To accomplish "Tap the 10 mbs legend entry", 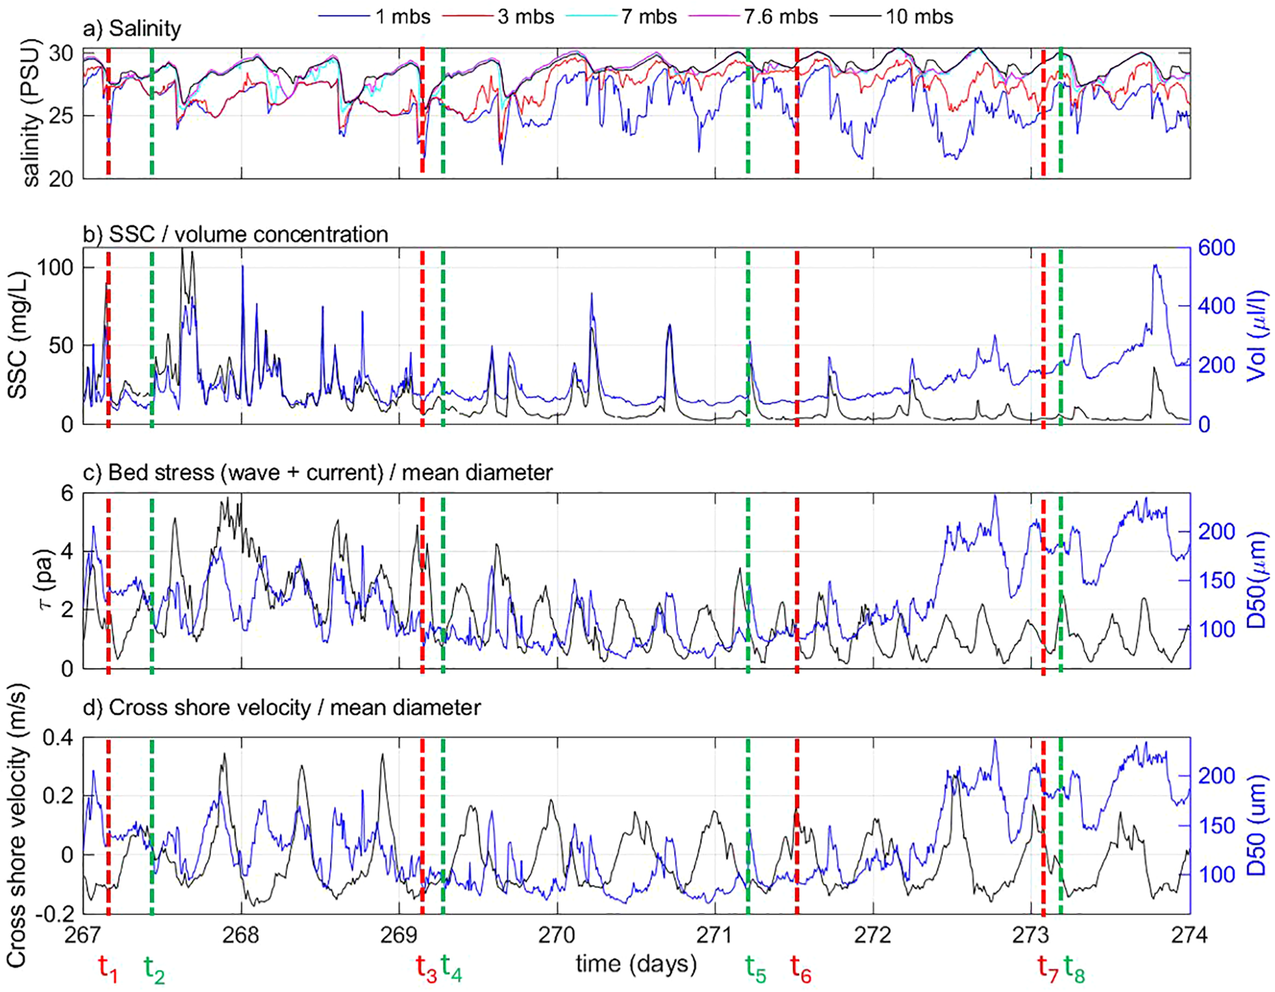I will pos(919,16).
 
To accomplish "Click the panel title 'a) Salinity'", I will pos(132,29).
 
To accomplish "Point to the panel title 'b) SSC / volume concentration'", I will pos(235,234).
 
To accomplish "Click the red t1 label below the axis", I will pos(108,968).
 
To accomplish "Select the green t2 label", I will pos(154,969).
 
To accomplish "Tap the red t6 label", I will pos(801,969).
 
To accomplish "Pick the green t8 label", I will pos(1074,969).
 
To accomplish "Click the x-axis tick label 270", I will pos(557,935).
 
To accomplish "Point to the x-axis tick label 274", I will pos(1189,935).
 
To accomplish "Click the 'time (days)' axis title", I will pos(636,964).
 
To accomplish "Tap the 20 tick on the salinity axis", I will pos(60,179).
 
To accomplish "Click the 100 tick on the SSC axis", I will pos(54,267).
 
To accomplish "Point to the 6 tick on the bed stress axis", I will pos(67,493).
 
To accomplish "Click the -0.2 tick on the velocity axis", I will pos(57,914).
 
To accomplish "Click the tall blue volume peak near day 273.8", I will pos(1156,267).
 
